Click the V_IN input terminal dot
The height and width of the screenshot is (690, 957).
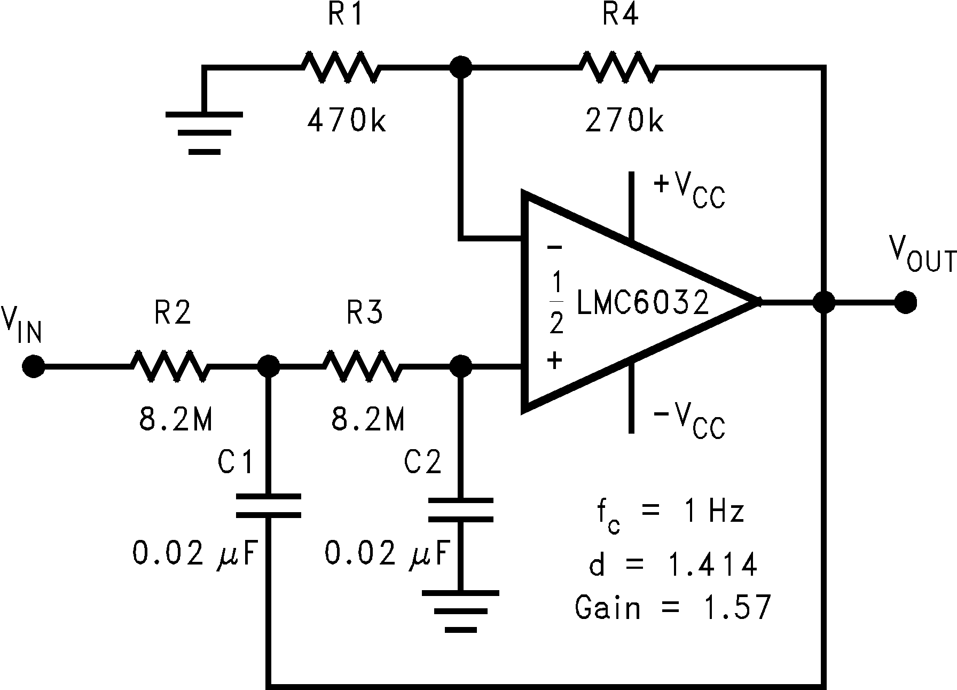33,366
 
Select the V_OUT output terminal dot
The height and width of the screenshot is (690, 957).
906,302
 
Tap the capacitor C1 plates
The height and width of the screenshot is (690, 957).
268,506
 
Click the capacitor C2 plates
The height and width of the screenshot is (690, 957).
460,509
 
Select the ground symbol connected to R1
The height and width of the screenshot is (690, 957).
204,131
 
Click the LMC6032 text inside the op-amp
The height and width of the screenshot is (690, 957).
642,302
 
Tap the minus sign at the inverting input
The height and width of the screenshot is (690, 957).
554,247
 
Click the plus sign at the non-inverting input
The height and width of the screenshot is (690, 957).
554,360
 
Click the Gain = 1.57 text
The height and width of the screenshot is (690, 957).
673,608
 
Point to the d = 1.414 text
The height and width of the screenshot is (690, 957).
673,564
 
